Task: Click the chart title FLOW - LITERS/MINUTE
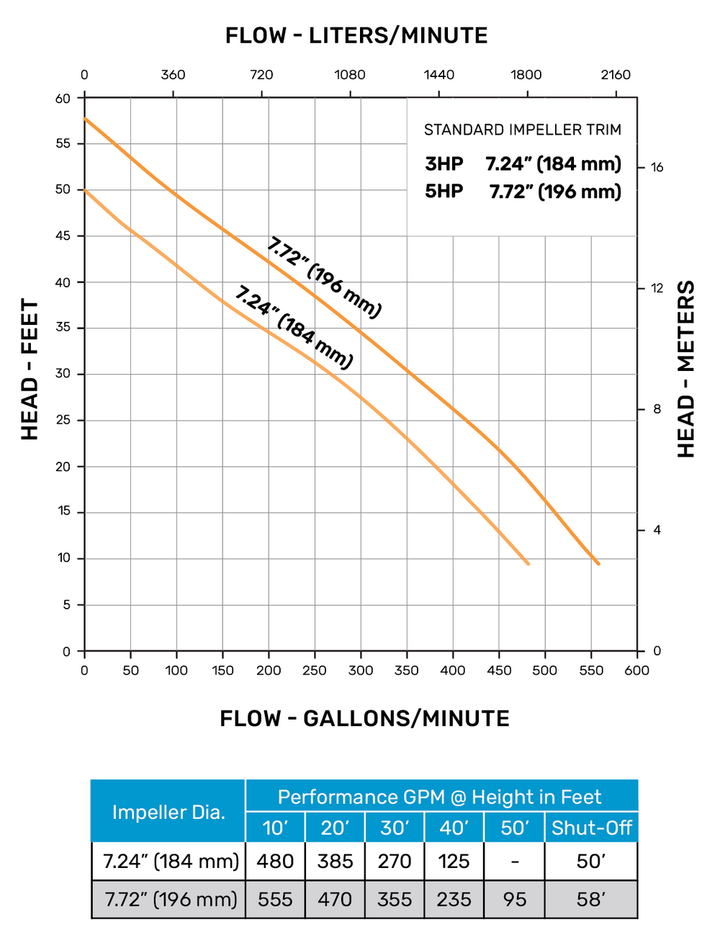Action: pos(356,35)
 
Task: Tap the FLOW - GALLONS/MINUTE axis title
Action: pos(364,718)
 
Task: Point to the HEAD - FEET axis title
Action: pos(30,369)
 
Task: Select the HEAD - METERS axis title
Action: pos(686,369)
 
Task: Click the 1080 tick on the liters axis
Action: pos(350,74)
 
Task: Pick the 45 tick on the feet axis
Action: pos(64,236)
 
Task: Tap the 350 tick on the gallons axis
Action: pos(407,670)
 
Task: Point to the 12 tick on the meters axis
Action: pos(657,288)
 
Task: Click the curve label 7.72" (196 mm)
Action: pos(324,277)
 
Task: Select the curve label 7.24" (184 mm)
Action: pos(294,327)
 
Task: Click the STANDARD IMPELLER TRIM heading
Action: pos(522,130)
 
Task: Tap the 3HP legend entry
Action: pos(444,164)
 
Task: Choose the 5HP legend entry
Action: pos(444,192)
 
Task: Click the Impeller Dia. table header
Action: pos(168,812)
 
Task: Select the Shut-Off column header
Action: pos(591,828)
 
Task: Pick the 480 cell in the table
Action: pos(275,861)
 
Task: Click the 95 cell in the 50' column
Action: pos(514,899)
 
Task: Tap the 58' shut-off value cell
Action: pos(591,899)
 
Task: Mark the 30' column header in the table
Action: pos(395,828)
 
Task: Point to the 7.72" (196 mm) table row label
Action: pos(171,899)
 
